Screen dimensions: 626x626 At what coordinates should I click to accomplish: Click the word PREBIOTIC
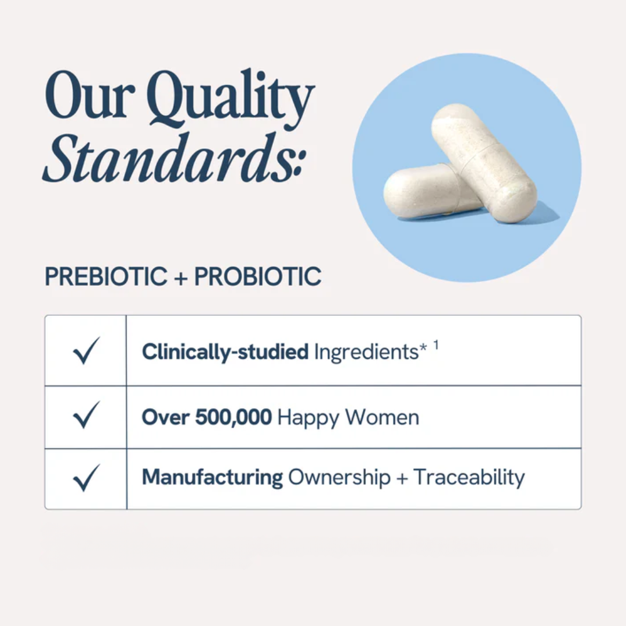tap(106, 277)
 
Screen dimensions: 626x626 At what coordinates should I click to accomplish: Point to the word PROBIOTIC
tap(257, 277)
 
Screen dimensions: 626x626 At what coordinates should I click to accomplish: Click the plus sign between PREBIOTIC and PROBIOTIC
tap(181, 278)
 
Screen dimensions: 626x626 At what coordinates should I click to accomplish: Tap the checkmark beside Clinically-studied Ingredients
tap(86, 351)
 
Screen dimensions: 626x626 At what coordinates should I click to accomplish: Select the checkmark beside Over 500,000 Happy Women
tap(86, 416)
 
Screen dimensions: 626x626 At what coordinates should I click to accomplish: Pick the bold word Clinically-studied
tap(225, 352)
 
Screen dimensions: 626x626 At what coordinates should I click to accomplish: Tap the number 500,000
tap(233, 417)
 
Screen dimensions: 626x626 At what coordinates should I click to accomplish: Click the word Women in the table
tap(383, 417)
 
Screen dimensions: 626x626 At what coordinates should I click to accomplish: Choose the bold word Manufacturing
tap(212, 478)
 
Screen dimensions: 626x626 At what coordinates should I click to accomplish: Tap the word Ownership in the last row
tap(339, 478)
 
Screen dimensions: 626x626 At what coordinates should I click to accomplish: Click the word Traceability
tap(469, 478)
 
